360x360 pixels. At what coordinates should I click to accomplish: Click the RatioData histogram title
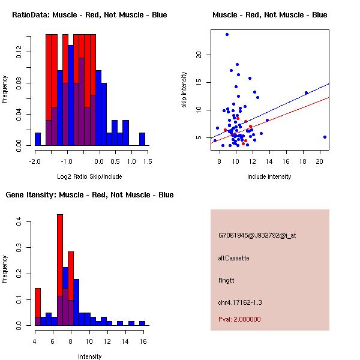89,14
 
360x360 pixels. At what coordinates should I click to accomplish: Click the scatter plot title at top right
269,14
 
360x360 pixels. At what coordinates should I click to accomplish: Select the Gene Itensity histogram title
89,195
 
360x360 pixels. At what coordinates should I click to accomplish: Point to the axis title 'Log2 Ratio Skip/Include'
89,177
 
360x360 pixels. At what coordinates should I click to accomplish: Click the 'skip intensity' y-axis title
185,90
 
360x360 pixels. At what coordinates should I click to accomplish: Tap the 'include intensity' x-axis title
269,177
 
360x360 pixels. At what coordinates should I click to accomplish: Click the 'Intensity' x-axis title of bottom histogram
89,356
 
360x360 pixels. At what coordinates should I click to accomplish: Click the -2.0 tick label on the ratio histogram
35,161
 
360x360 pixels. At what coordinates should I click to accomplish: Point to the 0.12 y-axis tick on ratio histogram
20,53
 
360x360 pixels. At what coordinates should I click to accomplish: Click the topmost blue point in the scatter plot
227,34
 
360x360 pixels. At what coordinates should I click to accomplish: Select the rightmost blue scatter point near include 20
325,137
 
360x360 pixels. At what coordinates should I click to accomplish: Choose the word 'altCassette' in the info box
234,258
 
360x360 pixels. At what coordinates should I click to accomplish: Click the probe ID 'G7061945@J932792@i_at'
257,235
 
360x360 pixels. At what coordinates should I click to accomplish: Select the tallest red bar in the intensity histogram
60,270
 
